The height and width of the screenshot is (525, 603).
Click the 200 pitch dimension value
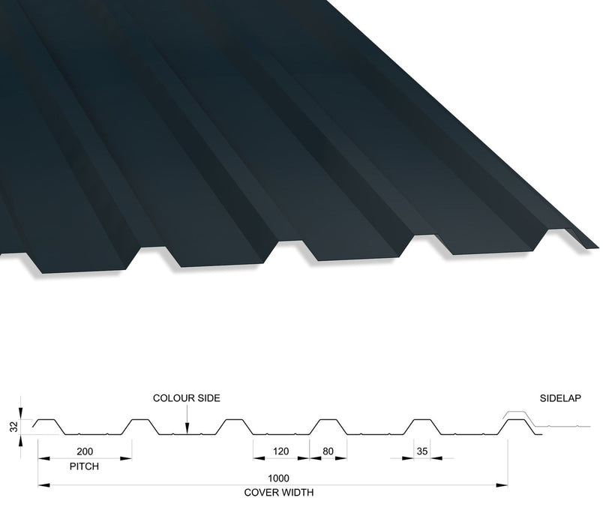[x=85, y=451]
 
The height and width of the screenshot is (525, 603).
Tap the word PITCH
[x=84, y=466]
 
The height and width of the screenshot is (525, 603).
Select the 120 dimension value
[x=280, y=451]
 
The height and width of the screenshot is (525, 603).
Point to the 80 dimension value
[x=328, y=451]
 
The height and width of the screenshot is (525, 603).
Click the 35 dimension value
[x=422, y=451]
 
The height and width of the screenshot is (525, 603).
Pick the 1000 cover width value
[x=278, y=478]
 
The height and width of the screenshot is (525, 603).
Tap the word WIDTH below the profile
[x=297, y=492]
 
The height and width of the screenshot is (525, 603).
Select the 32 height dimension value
[x=13, y=427]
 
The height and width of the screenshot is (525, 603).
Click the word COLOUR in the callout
[x=173, y=398]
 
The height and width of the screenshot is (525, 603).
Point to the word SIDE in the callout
[x=208, y=398]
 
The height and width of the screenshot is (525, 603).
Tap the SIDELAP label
[x=560, y=398]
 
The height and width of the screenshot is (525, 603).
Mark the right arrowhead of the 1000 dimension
[x=502, y=485]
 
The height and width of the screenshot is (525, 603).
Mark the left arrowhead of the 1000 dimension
[x=43, y=485]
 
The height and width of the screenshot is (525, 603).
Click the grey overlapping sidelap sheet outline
[x=546, y=420]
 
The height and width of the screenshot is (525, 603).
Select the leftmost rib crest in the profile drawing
[x=47, y=419]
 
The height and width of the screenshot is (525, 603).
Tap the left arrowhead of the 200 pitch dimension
[x=43, y=458]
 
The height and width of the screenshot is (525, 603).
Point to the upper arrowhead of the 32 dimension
[x=20, y=413]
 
